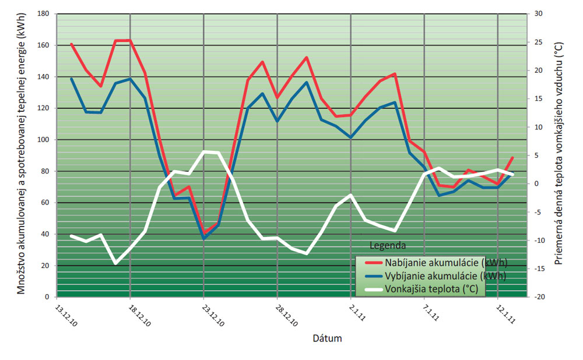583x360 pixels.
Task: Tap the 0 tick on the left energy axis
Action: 48,297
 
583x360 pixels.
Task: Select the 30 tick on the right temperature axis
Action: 539,13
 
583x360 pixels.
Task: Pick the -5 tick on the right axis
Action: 539,212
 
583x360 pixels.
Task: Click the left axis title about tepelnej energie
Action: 22,154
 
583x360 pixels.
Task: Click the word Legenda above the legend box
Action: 388,245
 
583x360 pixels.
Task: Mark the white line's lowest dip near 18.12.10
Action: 115,263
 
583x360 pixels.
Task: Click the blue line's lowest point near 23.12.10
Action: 204,238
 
